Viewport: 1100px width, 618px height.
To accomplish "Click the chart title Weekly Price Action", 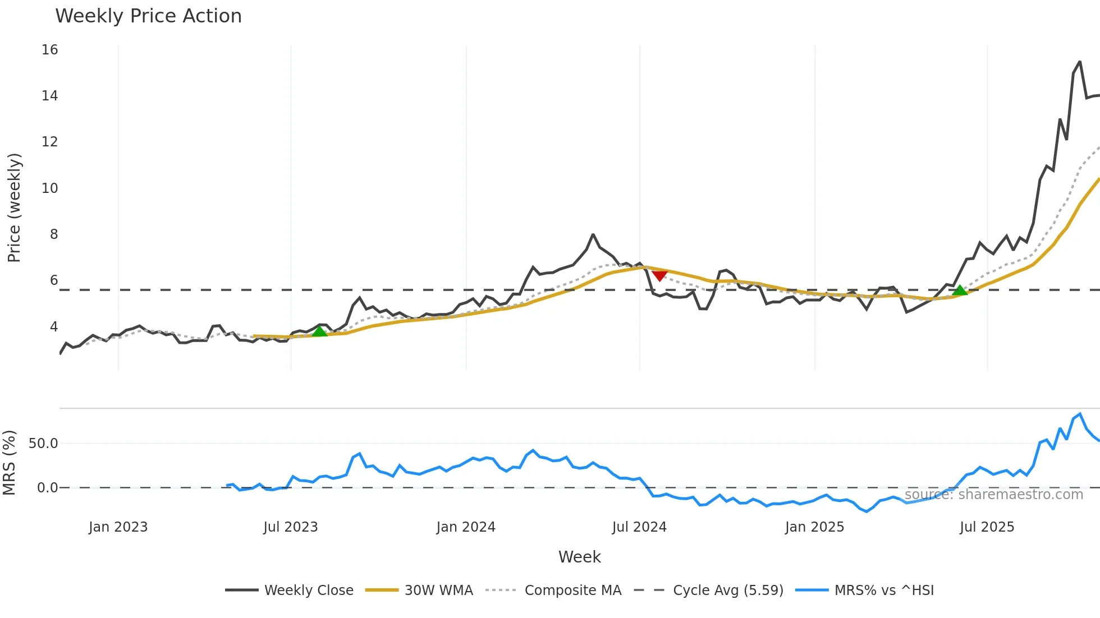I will pyautogui.click(x=148, y=16).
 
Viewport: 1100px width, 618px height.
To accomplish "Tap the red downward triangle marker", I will pyautogui.click(x=659, y=275).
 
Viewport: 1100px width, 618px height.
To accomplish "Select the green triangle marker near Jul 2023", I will pyautogui.click(x=319, y=331).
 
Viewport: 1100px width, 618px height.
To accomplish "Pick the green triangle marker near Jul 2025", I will pyautogui.click(x=960, y=290).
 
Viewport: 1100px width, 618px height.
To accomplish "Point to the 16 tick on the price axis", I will pyautogui.click(x=49, y=50).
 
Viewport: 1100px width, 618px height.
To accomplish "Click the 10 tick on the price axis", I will pyautogui.click(x=49, y=188).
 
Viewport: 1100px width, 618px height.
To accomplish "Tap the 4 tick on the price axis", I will pyautogui.click(x=53, y=327).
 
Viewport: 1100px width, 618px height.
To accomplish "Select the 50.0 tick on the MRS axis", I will pyautogui.click(x=43, y=444).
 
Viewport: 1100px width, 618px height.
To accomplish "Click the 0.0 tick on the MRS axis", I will pyautogui.click(x=47, y=488).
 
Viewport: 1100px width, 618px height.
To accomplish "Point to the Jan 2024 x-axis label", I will pyautogui.click(x=466, y=527).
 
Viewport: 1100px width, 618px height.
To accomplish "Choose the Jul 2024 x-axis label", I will pyautogui.click(x=639, y=527).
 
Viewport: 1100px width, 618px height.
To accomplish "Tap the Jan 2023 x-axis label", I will pyautogui.click(x=118, y=527).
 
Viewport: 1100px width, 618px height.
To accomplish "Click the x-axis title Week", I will pyautogui.click(x=579, y=557).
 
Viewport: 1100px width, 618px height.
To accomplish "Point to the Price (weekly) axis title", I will pyautogui.click(x=14, y=207).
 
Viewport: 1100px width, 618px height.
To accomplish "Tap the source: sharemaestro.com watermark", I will pyautogui.click(x=993, y=495).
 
